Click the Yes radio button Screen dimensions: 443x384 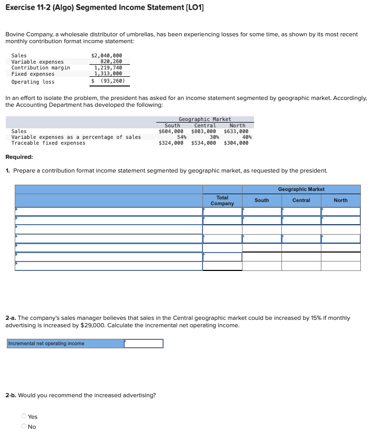24,417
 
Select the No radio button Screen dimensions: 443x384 24,427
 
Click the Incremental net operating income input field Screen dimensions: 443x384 144,344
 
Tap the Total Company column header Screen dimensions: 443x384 222,200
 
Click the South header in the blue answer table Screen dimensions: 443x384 261,200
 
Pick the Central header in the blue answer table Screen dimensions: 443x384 301,200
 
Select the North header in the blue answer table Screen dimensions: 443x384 340,200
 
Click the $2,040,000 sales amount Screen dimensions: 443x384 107,55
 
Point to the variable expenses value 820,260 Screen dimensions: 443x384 110,62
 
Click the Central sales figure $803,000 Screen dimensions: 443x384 204,132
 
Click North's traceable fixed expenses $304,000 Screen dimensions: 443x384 236,143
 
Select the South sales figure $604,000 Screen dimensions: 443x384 171,132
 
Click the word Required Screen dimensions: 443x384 19,157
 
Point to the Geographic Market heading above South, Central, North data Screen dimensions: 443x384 205,119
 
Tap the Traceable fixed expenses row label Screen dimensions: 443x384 48,143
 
